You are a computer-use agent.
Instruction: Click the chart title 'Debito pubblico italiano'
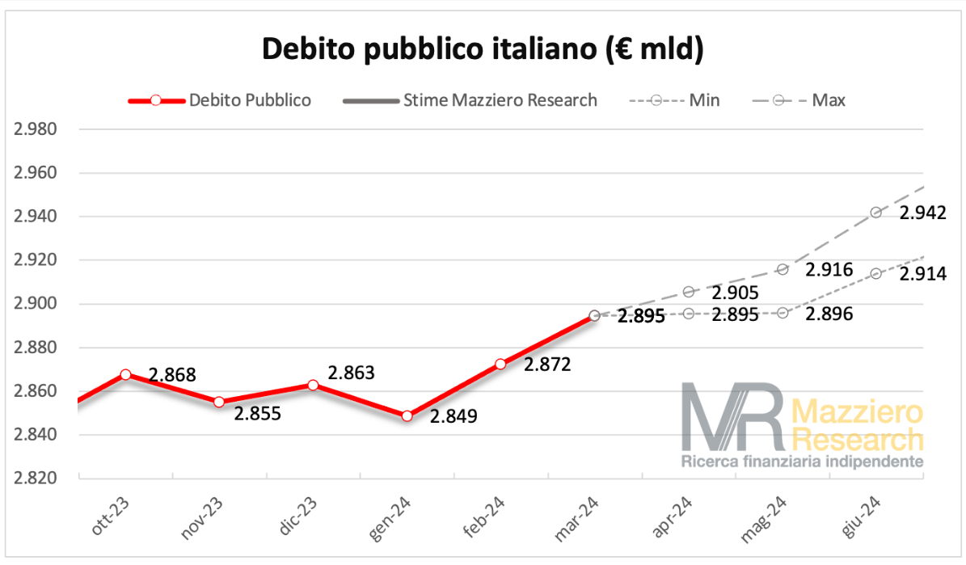coord(483,49)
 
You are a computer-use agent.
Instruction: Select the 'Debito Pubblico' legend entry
coord(250,101)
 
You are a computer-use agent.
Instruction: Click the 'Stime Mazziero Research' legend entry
coord(500,101)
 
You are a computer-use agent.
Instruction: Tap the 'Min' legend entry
coord(704,101)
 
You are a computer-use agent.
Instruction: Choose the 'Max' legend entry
coord(829,101)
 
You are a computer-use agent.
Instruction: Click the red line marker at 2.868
coord(125,374)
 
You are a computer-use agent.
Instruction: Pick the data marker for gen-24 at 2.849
coord(407,415)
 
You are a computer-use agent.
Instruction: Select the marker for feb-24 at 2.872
coord(500,364)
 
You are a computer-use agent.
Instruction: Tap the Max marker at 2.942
coord(875,213)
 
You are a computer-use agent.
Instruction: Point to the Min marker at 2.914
coord(875,274)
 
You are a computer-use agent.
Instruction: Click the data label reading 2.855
coord(257,414)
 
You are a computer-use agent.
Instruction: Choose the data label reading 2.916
coord(829,269)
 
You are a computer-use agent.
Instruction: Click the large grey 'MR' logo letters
coord(732,416)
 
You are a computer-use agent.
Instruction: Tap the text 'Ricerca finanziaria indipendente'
coord(802,462)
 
